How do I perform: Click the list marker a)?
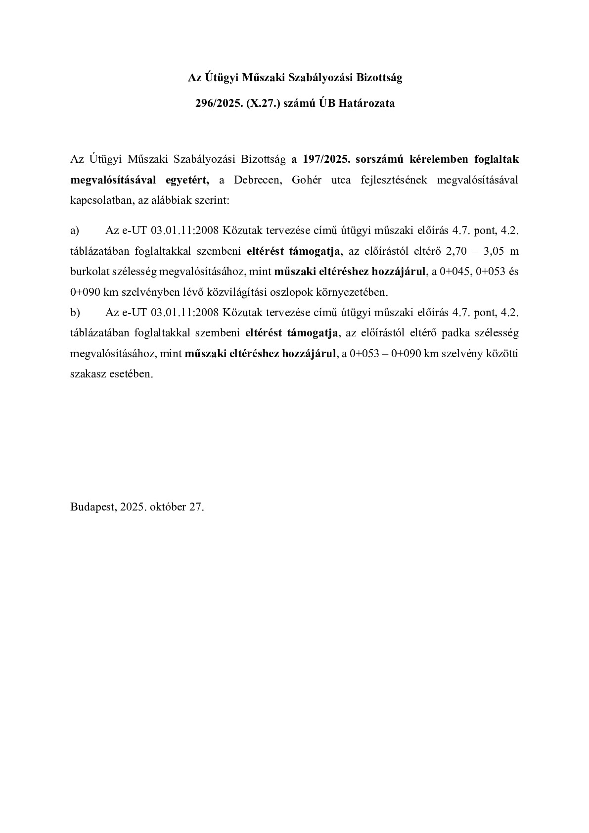(75, 231)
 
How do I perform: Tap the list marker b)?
(75, 313)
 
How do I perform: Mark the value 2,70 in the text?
(457, 251)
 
